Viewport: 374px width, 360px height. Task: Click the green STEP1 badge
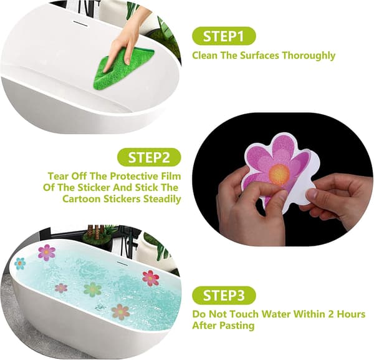tap(224, 36)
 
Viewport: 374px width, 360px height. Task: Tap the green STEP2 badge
tap(149, 157)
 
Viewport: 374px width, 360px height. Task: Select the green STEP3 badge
tap(224, 295)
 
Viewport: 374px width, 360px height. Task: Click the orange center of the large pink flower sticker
tap(279, 173)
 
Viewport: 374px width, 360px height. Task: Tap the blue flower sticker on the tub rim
tap(20, 263)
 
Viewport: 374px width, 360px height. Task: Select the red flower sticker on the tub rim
tap(150, 278)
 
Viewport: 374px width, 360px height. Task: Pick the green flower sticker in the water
tap(92, 289)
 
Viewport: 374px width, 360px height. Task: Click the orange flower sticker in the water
tap(120, 312)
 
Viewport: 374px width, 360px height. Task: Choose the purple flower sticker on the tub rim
tap(47, 252)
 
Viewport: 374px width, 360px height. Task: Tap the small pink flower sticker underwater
tap(61, 288)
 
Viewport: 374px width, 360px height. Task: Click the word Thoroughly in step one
tap(309, 56)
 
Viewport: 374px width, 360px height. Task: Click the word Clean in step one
tap(205, 56)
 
